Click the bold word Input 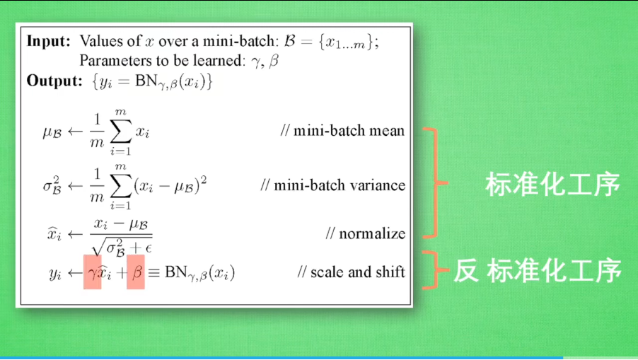pyautogui.click(x=48, y=42)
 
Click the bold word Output pyautogui.click(x=54, y=81)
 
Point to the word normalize pyautogui.click(x=372, y=234)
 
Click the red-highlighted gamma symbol pyautogui.click(x=93, y=272)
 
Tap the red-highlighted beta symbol pyautogui.click(x=136, y=272)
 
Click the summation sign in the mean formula pyautogui.click(x=121, y=131)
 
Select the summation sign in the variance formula pyautogui.click(x=121, y=186)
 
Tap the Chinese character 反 pyautogui.click(x=466, y=270)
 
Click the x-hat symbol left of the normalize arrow pyautogui.click(x=54, y=234)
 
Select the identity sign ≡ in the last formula pyautogui.click(x=153, y=272)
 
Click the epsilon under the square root pyautogui.click(x=148, y=248)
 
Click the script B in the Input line pyautogui.click(x=290, y=41)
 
